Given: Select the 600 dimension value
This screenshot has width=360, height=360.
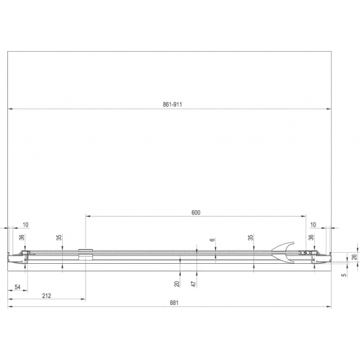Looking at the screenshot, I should coord(196,212).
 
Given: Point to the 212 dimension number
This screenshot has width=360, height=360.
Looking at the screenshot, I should coord(46,295).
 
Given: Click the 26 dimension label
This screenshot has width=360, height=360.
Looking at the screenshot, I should coord(355,257).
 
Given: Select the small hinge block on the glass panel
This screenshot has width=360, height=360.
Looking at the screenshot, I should coord(84,254).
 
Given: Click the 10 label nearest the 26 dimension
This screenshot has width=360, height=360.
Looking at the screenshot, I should coord(312,224).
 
